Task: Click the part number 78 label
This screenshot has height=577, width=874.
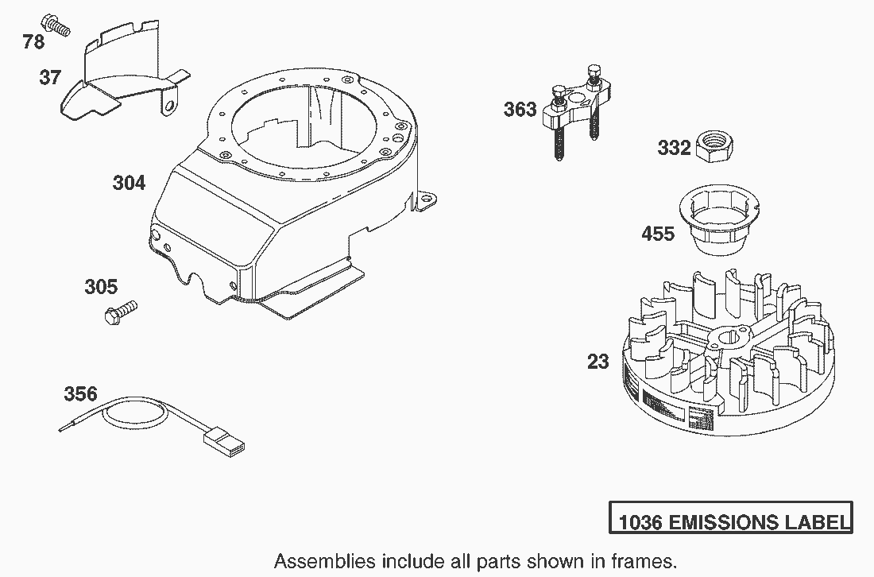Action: (x=33, y=41)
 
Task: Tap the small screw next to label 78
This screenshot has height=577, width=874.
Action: (x=55, y=25)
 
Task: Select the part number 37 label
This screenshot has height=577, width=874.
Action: (x=49, y=78)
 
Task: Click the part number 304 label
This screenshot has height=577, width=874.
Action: (x=129, y=183)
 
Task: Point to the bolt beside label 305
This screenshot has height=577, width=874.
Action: (x=121, y=313)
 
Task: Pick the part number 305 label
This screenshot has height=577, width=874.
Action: (x=101, y=287)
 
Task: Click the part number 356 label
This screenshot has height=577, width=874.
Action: (x=80, y=394)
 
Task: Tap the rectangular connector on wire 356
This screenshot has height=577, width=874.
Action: (x=225, y=440)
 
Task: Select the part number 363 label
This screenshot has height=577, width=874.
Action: (x=520, y=109)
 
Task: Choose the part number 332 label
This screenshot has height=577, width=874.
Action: (x=674, y=149)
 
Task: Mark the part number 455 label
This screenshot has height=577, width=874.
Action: (x=658, y=234)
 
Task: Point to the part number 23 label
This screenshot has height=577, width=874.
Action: (x=598, y=362)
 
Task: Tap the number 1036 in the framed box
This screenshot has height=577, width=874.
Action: (x=640, y=523)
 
